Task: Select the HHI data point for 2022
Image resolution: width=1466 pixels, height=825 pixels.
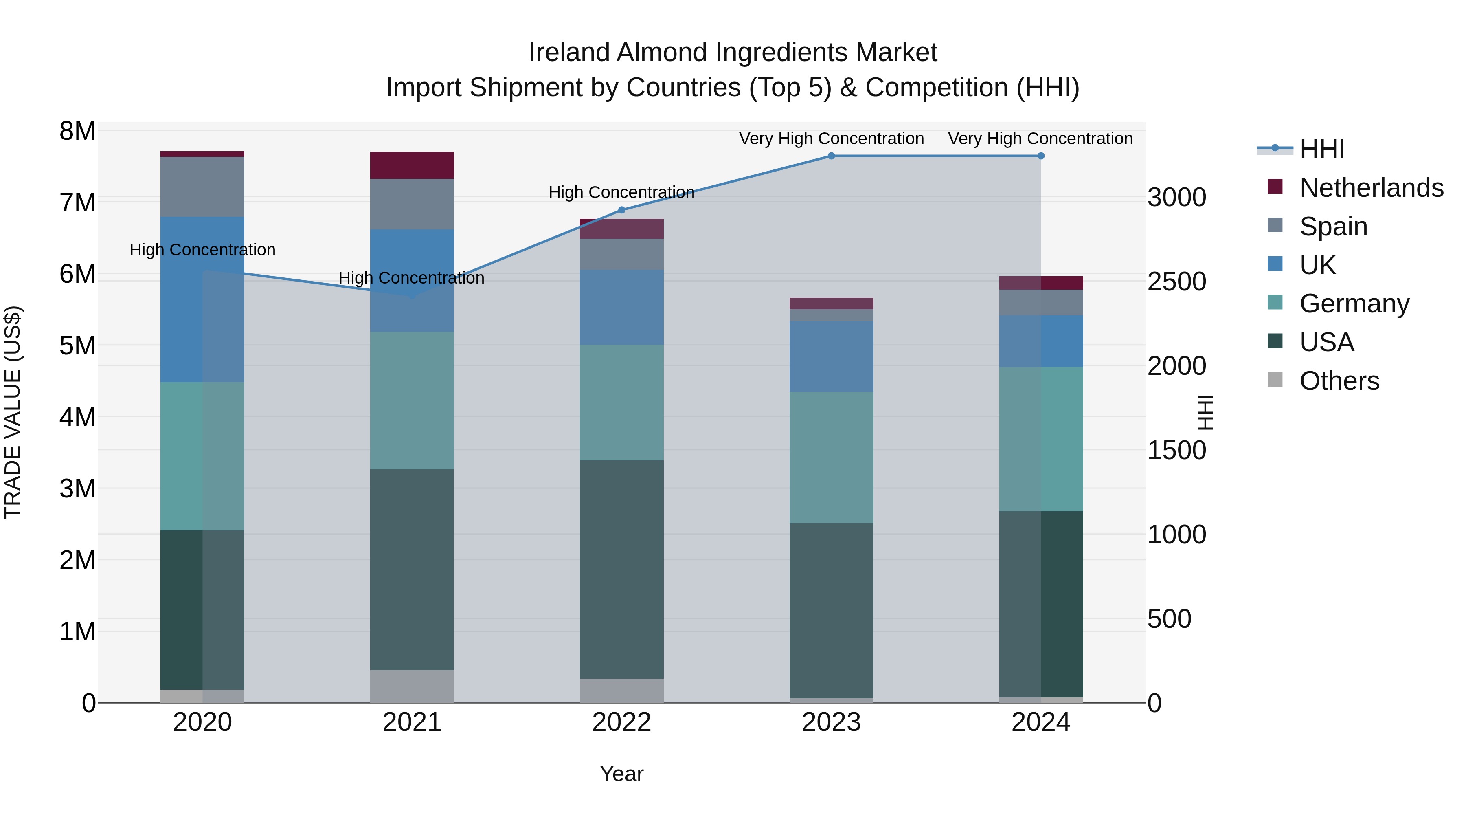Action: click(621, 210)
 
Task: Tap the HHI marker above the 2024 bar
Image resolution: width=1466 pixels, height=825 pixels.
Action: click(1041, 156)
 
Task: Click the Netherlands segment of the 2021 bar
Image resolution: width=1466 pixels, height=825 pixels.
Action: click(412, 166)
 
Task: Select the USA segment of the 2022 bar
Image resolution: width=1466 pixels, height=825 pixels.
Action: click(621, 570)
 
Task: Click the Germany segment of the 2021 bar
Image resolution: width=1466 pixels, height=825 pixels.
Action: click(412, 401)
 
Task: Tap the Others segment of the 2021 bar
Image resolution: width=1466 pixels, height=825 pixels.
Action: click(412, 686)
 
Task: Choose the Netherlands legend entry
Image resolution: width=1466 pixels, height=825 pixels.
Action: click(1371, 188)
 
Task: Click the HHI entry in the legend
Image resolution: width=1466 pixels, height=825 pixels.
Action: click(1321, 149)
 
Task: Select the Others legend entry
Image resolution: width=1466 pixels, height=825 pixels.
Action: click(1339, 381)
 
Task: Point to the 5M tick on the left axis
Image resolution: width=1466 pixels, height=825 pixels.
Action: click(77, 345)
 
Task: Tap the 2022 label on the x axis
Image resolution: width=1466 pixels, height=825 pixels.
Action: click(621, 722)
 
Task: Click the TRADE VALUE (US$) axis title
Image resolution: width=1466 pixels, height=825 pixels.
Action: click(13, 412)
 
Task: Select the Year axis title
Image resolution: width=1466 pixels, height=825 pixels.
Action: click(621, 774)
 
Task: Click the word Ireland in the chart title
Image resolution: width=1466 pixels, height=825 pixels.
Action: click(570, 53)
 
